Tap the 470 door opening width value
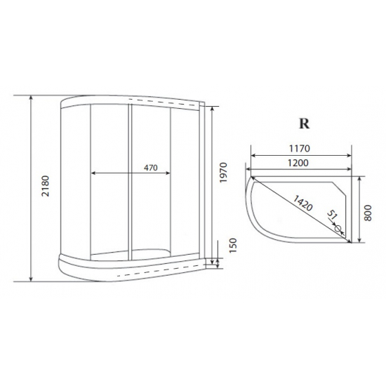pyautogui.click(x=149, y=168)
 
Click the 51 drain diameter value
pyautogui.click(x=333, y=216)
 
